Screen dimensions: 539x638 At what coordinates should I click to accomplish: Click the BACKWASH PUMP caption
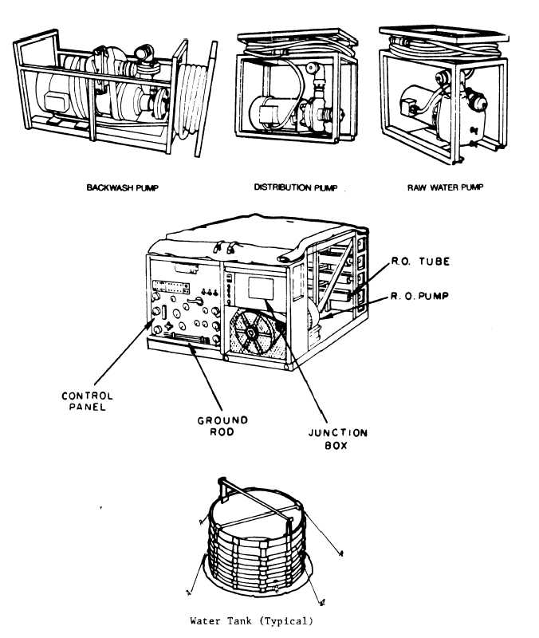(x=122, y=187)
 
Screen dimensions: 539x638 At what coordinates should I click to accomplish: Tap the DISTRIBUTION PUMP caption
(x=296, y=187)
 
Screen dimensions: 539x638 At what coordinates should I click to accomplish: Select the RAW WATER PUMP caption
(x=446, y=187)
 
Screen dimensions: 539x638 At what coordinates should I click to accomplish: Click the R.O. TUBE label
(x=421, y=262)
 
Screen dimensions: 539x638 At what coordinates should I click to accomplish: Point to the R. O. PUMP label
(x=419, y=296)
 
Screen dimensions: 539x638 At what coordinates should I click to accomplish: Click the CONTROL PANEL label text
(x=87, y=401)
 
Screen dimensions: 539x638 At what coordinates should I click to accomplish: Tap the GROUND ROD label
(x=222, y=426)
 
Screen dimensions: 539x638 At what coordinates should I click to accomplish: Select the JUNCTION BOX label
(x=337, y=439)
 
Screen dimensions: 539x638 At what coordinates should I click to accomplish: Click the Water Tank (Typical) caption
(x=251, y=621)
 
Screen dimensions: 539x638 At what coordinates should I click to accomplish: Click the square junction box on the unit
(x=261, y=288)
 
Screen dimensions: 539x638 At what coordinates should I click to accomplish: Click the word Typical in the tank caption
(x=287, y=621)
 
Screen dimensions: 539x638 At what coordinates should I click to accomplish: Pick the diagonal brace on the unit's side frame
(x=336, y=272)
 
